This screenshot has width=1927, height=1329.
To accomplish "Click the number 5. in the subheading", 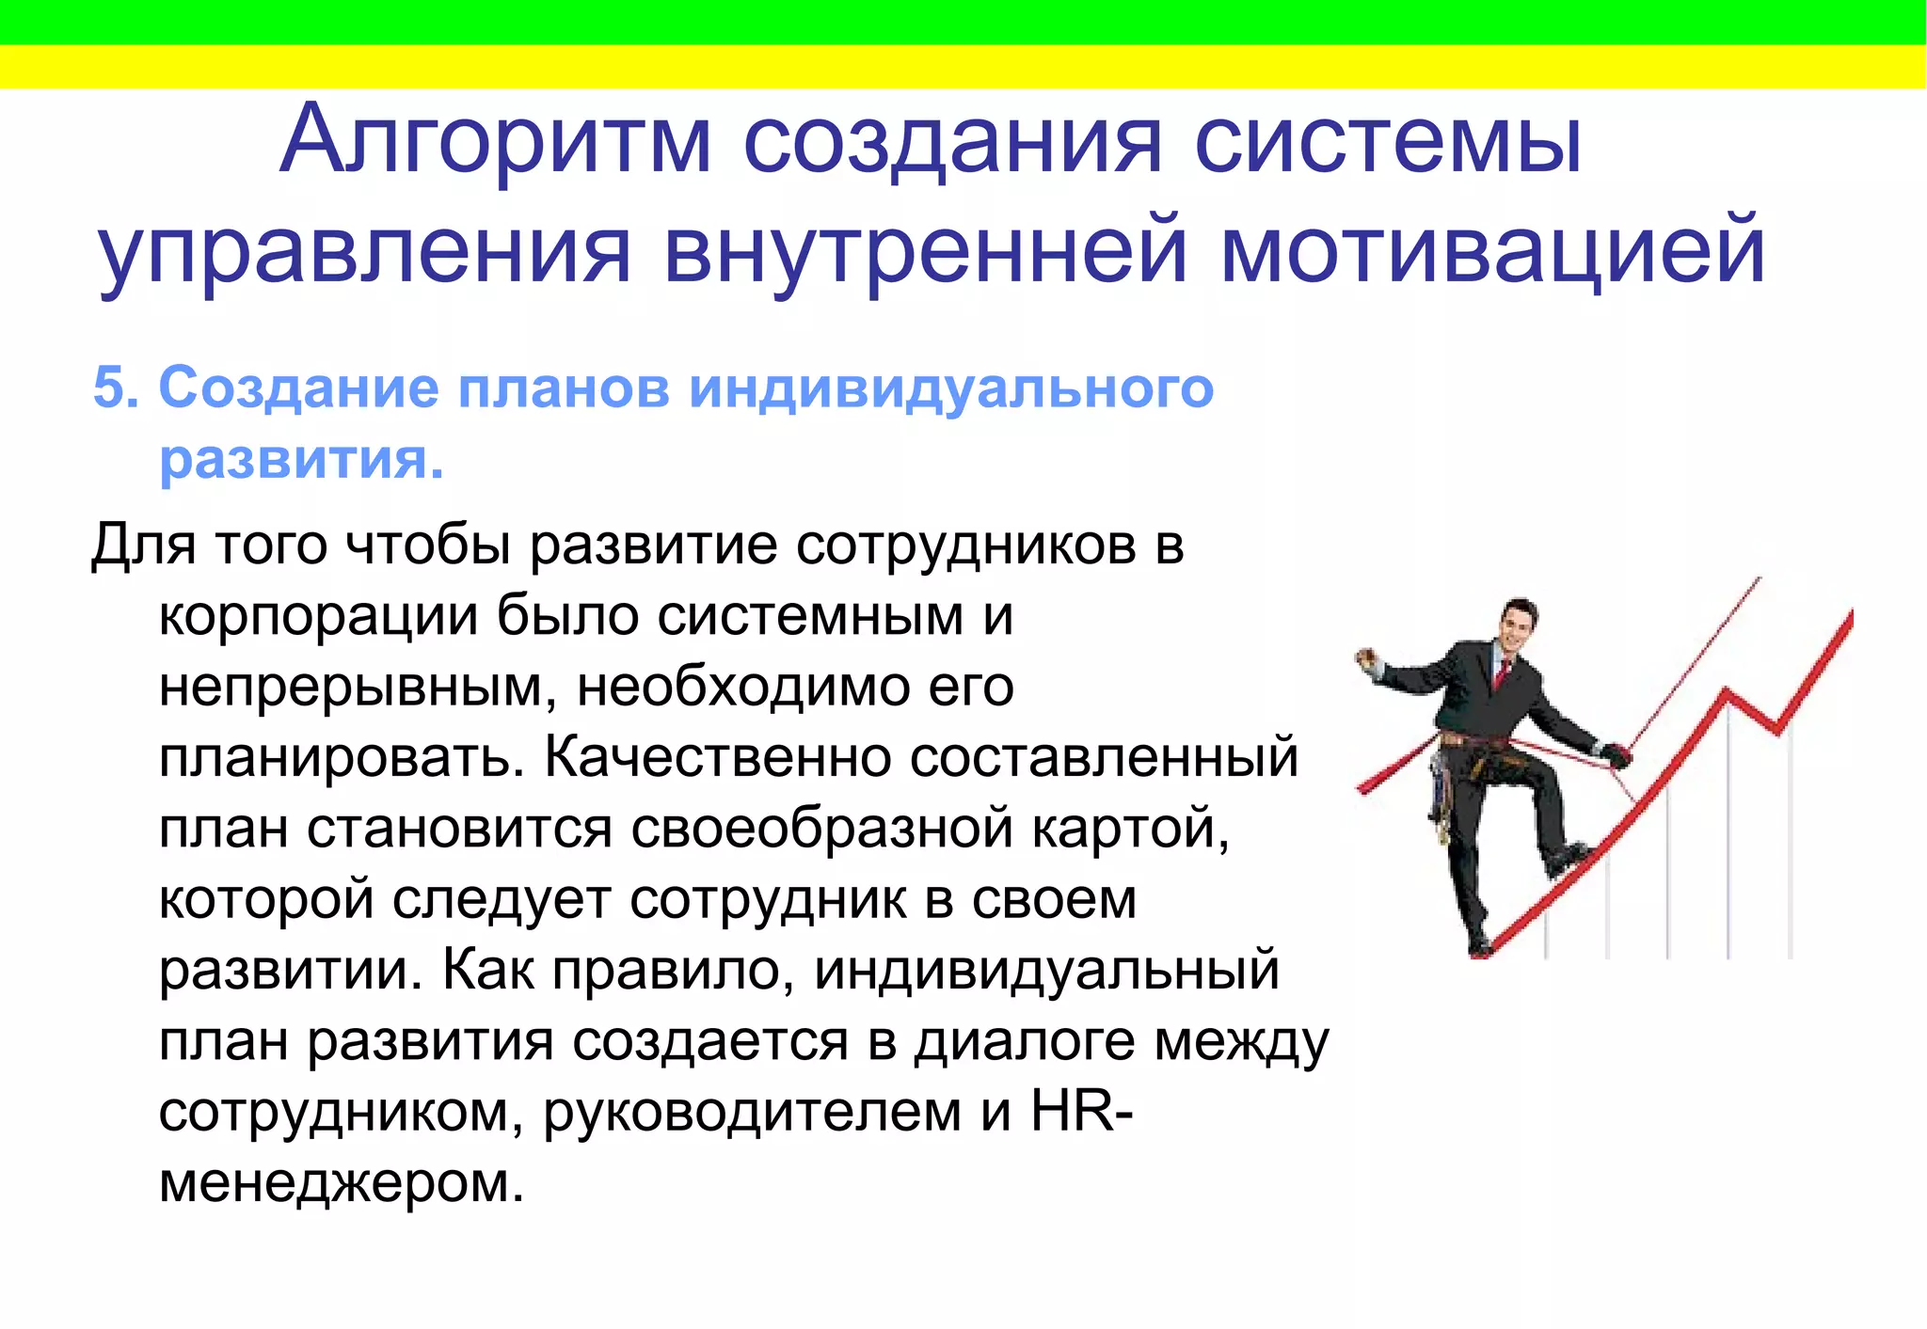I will point(116,388).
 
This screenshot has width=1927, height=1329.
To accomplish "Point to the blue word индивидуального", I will point(950,389).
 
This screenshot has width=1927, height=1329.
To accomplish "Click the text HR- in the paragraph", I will point(1082,1112).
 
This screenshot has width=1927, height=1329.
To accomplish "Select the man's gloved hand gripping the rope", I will point(1616,754).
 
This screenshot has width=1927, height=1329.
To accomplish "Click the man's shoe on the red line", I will point(1565,858).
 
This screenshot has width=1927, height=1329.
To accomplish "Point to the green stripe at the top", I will point(963,22).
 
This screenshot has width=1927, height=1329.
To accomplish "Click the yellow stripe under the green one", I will point(963,67).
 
